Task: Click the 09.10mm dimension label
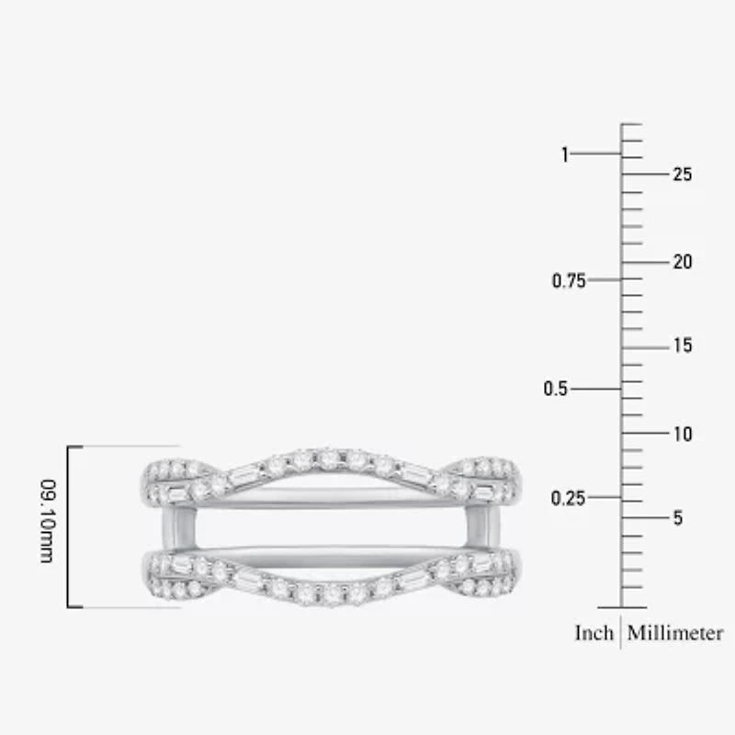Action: click(46, 526)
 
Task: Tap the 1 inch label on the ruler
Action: click(565, 154)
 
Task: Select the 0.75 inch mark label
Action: click(568, 281)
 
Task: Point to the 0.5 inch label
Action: click(555, 390)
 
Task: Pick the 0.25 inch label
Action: click(568, 498)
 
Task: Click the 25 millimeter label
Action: click(682, 175)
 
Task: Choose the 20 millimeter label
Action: click(682, 263)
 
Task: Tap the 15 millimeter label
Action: click(682, 346)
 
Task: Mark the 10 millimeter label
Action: click(682, 434)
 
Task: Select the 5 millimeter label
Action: click(677, 518)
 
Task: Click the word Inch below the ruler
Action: click(594, 633)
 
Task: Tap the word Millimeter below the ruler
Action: click(675, 633)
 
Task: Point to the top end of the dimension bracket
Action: click(75, 447)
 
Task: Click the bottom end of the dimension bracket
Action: click(75, 607)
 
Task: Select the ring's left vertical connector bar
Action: click(171, 527)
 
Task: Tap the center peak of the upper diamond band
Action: click(328, 458)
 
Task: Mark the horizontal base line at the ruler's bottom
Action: click(621, 607)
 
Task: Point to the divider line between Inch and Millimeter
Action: click(621, 633)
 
